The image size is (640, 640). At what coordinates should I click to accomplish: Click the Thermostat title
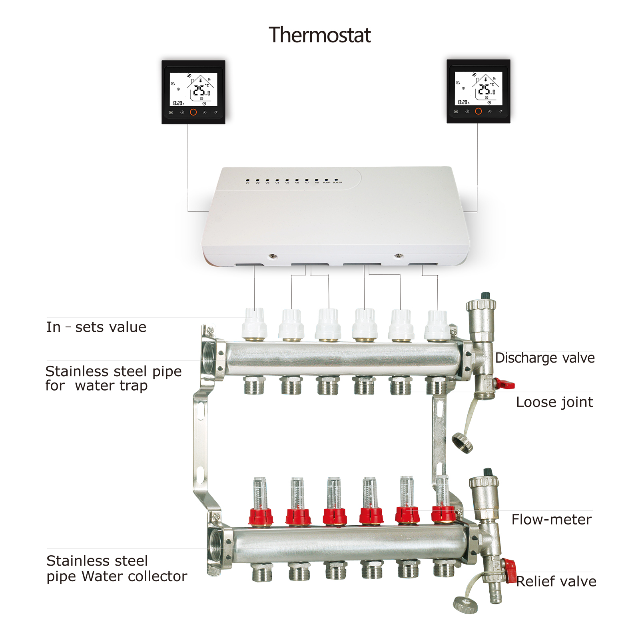coord(319,35)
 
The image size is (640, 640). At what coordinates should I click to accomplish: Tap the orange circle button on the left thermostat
coord(193,112)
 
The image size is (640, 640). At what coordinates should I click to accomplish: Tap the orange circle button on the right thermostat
coord(478,111)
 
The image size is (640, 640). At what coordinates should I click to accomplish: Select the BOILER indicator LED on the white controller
coord(336,180)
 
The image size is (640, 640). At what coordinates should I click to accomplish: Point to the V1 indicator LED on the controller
coord(247,180)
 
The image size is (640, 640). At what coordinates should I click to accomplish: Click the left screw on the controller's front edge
coord(272,256)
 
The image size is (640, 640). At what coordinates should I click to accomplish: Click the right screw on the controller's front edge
coord(398,255)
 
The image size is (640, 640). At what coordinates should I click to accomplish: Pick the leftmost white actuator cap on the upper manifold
coord(254,324)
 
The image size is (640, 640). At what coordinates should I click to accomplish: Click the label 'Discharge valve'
coord(544,358)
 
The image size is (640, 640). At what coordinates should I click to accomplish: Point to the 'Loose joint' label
coord(554,402)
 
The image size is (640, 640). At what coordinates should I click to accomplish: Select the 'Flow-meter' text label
coord(551,520)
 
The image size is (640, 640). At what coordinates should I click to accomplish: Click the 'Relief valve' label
coord(556,581)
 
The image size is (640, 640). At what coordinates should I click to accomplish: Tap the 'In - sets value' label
coord(96,327)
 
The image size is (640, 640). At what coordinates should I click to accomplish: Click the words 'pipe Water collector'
coord(117,576)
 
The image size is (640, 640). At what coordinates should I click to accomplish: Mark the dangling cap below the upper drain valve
coord(463,443)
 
